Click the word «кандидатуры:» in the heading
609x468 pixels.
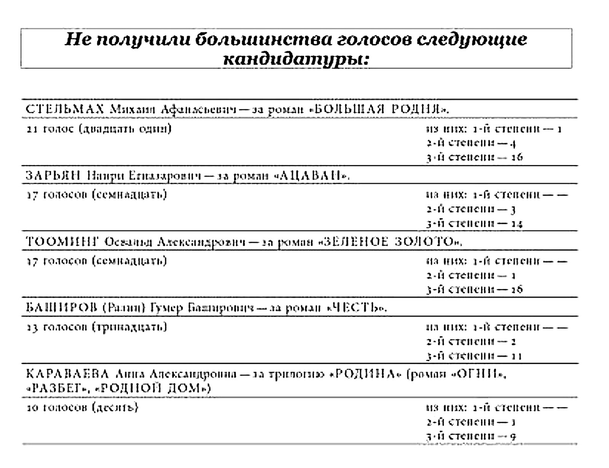coord(296,59)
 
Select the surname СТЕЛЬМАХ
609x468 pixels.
coord(65,109)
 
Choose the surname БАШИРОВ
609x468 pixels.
coord(62,307)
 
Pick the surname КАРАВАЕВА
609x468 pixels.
coord(67,374)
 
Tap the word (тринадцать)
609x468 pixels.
coord(129,327)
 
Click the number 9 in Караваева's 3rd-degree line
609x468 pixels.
coord(513,436)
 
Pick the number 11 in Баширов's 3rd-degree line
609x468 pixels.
coord(517,356)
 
